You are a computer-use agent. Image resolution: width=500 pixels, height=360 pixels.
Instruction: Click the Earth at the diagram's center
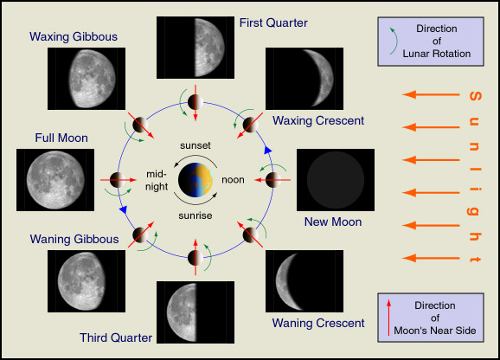[x=196, y=180]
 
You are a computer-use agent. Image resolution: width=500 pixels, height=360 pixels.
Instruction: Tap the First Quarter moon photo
[x=196, y=48]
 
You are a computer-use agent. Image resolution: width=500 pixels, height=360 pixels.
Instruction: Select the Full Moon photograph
[x=55, y=180]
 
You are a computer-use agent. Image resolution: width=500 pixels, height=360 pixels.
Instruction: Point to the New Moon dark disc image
[x=336, y=180]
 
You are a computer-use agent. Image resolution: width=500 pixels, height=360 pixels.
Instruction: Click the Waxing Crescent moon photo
[x=304, y=79]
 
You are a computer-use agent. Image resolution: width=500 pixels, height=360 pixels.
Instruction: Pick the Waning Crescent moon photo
[x=304, y=281]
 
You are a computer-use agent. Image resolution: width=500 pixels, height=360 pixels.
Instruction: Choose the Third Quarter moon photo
[x=196, y=312]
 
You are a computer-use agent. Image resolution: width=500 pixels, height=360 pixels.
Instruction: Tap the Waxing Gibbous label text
[x=74, y=36]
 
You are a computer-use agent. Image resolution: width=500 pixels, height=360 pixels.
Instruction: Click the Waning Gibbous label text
[x=74, y=239]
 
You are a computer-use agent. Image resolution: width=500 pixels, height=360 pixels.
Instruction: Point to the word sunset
[x=196, y=145]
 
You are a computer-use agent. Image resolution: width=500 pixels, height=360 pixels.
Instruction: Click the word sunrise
[x=196, y=215]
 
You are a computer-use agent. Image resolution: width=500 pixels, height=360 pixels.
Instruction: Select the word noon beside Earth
[x=233, y=180]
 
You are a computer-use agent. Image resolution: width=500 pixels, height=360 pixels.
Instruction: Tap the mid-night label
[x=157, y=180]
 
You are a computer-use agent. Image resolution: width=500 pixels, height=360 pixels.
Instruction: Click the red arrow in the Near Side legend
[x=388, y=318]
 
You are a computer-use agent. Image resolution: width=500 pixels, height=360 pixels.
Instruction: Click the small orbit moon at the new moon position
[x=273, y=180]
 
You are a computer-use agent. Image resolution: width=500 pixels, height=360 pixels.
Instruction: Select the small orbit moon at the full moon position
[x=118, y=180]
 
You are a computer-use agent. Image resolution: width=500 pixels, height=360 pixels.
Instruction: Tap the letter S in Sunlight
[x=475, y=96]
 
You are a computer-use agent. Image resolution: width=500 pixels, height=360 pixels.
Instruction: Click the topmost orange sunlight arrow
[x=431, y=94]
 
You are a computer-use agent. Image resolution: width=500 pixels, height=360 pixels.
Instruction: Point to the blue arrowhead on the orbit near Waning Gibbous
[x=123, y=209]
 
